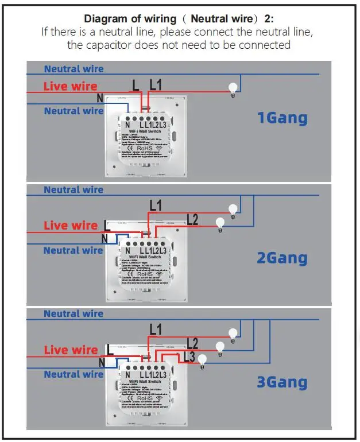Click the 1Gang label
282,119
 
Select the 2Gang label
282,258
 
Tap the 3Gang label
282,382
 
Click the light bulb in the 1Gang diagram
233,90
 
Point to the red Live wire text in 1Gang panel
71,87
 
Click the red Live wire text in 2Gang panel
71,226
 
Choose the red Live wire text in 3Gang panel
71,350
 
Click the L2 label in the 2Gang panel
192,219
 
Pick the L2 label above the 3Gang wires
192,343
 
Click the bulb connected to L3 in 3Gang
202,360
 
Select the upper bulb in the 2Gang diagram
233,210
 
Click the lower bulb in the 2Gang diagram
219,223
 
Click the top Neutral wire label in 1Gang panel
73,69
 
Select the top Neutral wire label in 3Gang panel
73,313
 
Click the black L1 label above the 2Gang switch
155,205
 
